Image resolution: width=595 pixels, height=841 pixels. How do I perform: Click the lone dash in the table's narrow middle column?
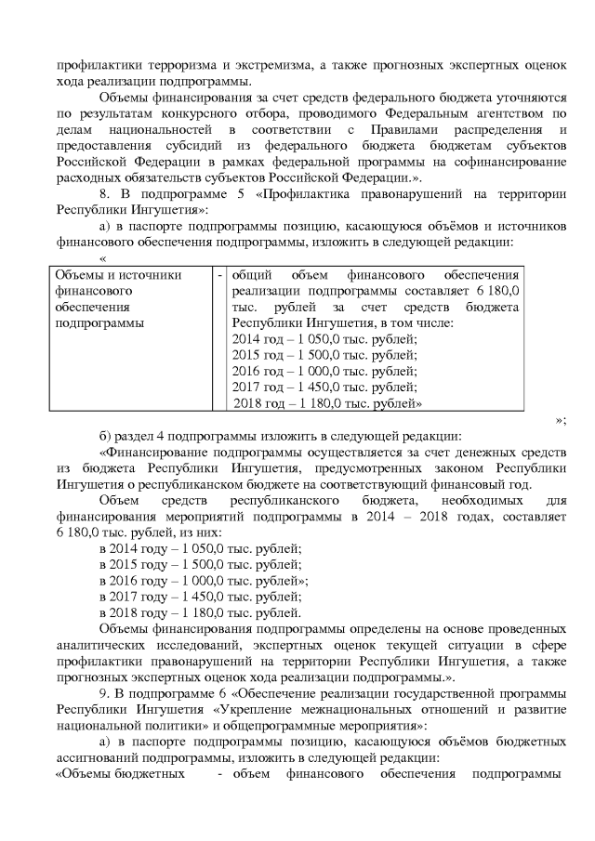tap(219, 275)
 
